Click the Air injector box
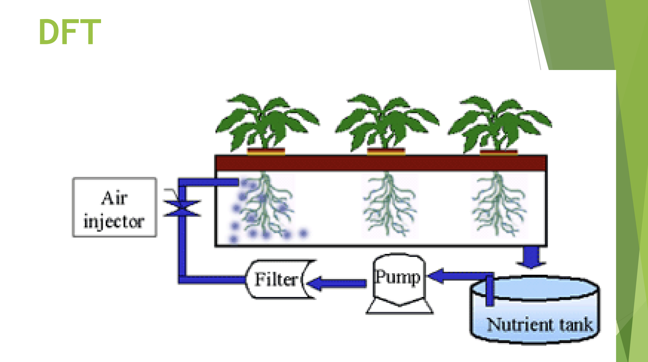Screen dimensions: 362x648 [114, 207]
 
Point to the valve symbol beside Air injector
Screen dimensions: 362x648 [182, 208]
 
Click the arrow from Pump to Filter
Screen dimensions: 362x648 [337, 283]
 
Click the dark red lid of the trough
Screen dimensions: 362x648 [380, 163]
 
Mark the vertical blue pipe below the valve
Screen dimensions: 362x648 [182, 246]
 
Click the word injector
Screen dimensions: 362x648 [114, 222]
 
